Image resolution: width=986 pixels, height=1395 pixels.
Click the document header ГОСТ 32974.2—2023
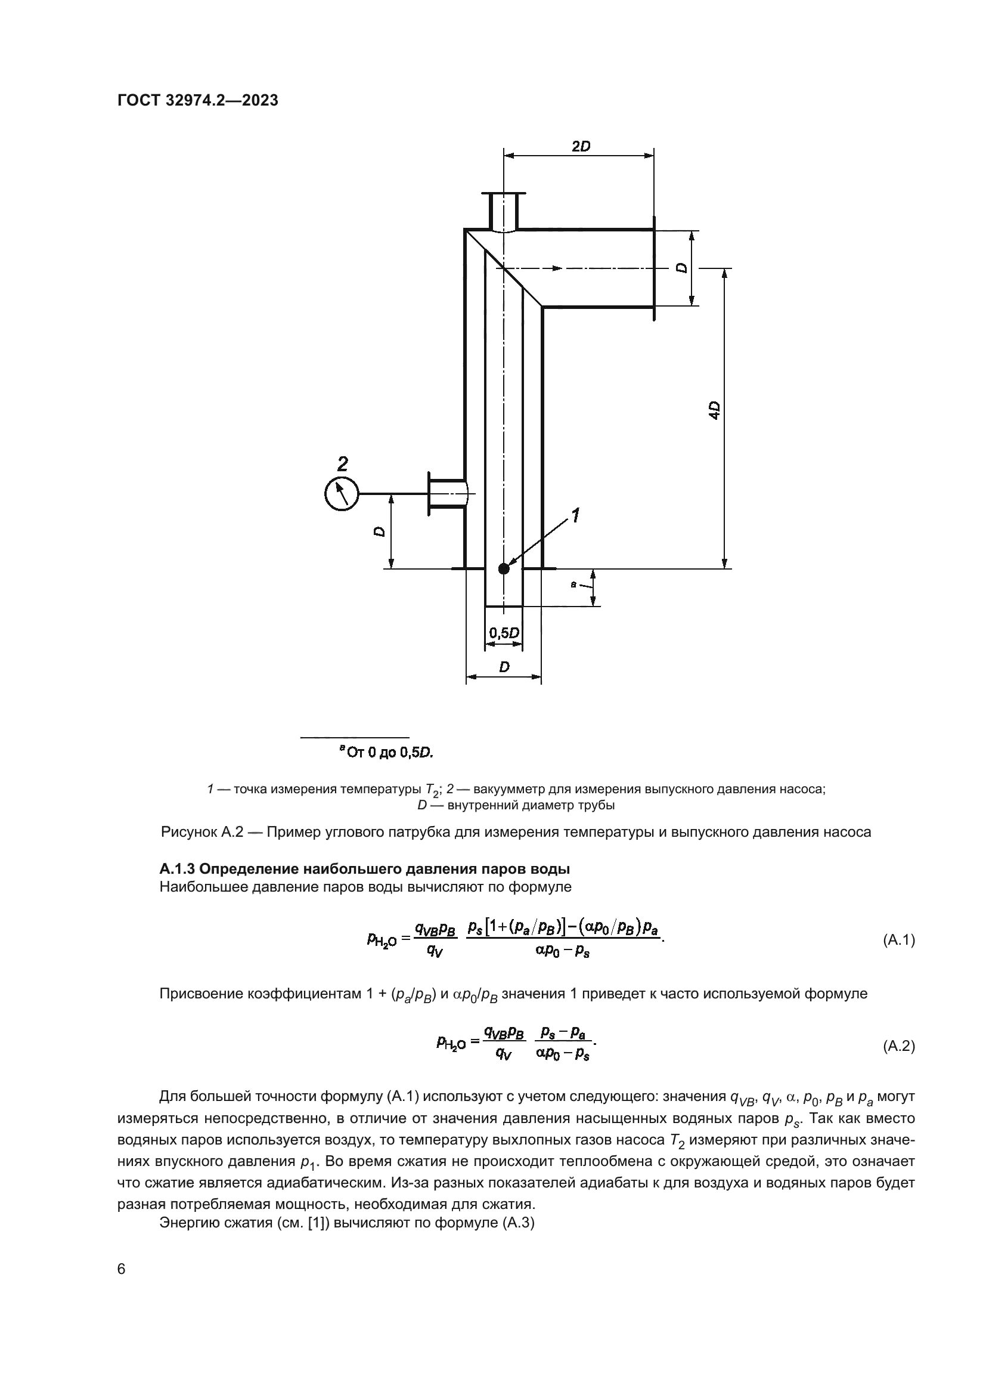198,100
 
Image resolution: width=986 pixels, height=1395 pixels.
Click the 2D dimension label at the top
581,147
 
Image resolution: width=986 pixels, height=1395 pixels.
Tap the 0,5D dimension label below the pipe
504,633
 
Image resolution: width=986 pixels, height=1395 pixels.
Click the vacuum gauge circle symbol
342,493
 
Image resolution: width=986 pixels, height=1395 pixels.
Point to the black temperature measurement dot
504,569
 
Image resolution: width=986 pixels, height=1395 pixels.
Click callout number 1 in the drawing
575,516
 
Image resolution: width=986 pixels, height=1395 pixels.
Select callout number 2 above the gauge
342,464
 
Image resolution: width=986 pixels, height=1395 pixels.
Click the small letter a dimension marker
573,584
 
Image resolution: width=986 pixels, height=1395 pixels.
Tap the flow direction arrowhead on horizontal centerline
556,268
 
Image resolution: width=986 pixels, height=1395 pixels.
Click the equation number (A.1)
898,940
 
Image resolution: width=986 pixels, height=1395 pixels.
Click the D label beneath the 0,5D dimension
504,667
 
